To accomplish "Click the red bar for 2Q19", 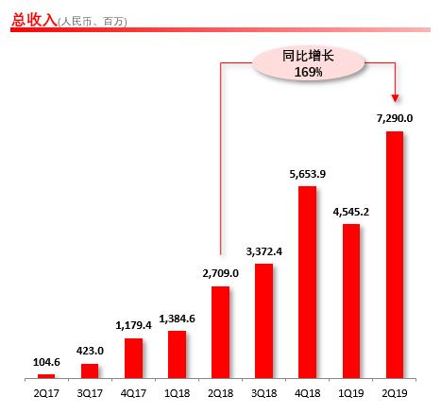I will tap(395, 255).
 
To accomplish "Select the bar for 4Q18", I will tap(307, 283).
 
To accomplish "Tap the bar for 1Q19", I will tap(350, 302).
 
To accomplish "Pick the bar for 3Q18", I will tap(263, 321).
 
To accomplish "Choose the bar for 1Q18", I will tap(177, 354).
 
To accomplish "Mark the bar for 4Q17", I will tap(133, 358).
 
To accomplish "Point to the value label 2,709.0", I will tap(220, 272).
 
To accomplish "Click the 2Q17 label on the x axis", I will tap(46, 392).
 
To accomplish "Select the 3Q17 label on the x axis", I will tap(90, 392).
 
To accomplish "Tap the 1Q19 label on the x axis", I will tap(350, 392).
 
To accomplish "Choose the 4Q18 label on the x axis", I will tap(307, 392).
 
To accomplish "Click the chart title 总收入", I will tap(31, 18).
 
